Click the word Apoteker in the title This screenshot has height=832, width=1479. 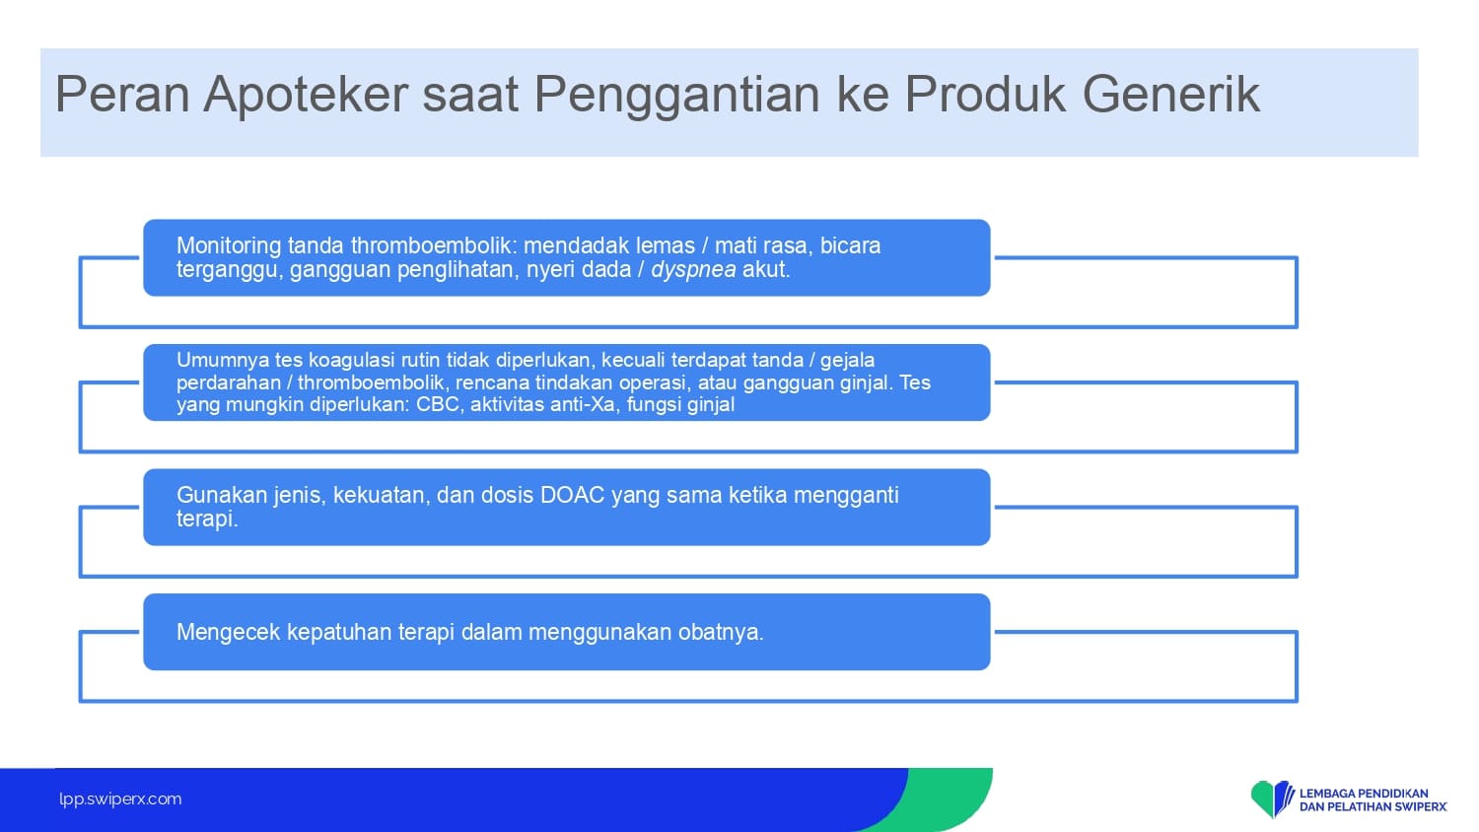click(x=306, y=94)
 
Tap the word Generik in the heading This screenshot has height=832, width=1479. click(x=1170, y=94)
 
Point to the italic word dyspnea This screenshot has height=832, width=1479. click(x=693, y=270)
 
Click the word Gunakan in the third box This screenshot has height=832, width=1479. click(x=213, y=495)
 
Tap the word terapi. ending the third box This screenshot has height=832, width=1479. click(x=207, y=519)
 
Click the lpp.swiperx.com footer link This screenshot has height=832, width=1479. click(x=120, y=799)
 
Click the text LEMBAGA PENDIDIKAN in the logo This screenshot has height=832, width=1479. click(x=1364, y=793)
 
